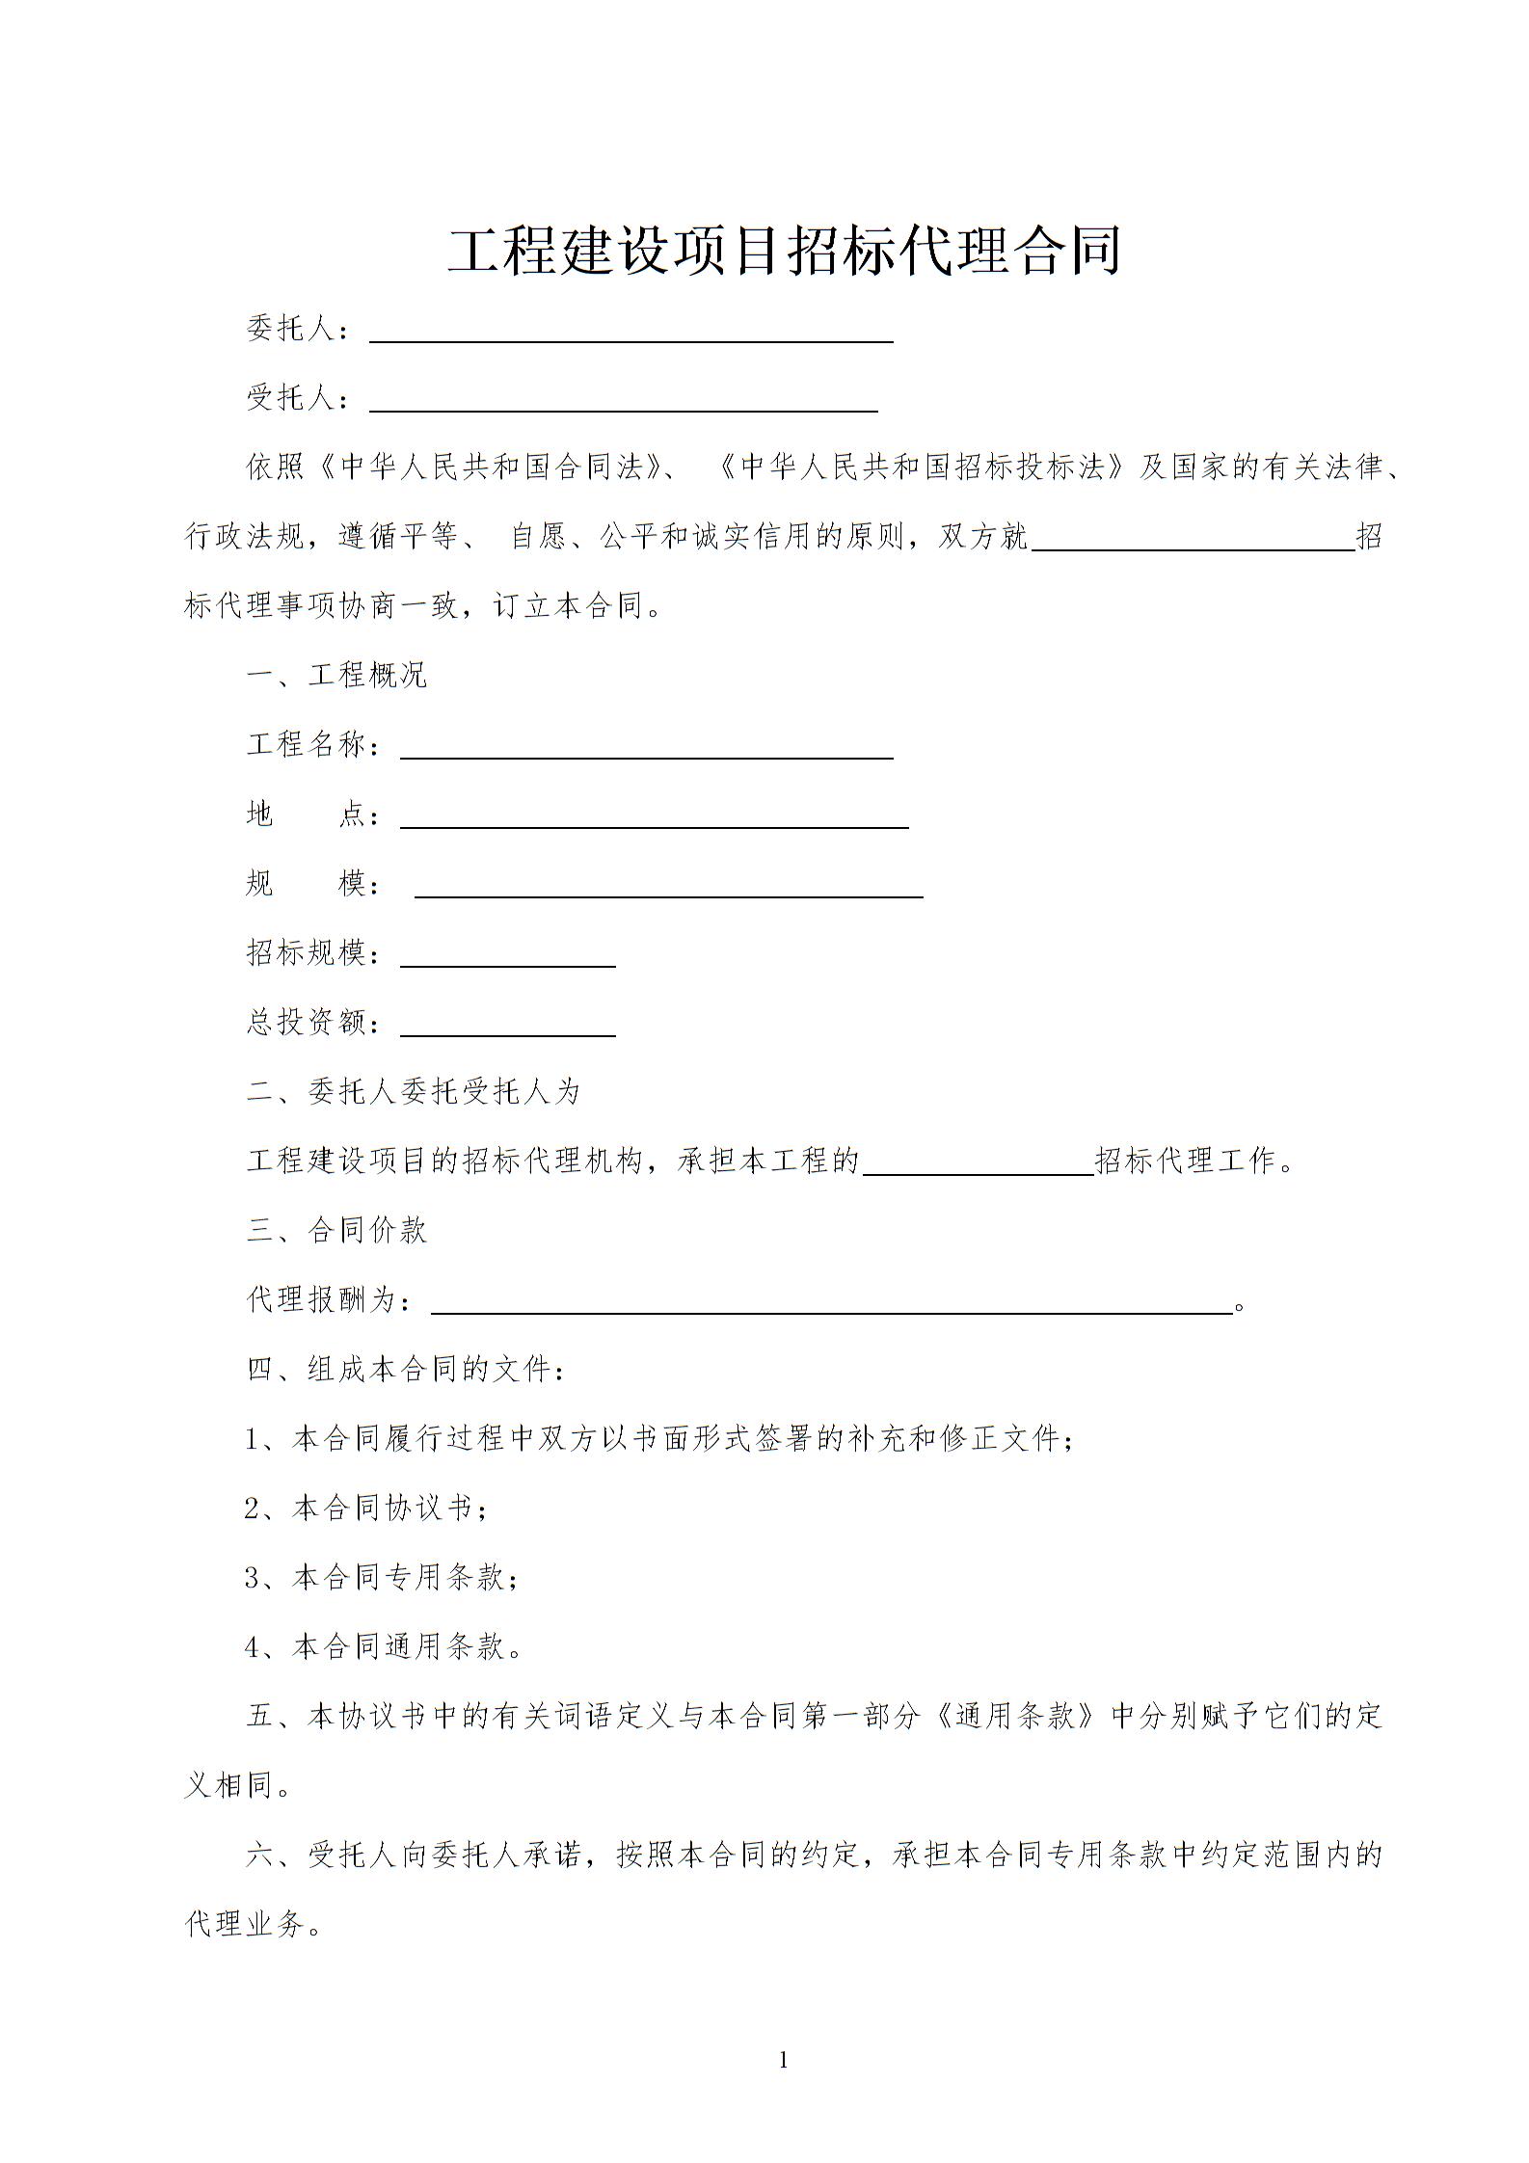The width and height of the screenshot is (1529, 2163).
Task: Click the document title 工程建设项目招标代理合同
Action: pos(784,251)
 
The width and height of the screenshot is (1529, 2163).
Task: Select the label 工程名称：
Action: pos(315,744)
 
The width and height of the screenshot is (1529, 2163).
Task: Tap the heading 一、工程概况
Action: pos(336,675)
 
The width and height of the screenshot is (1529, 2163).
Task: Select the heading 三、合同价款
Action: pos(336,1230)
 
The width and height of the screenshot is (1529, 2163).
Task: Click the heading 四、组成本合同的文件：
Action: pos(406,1369)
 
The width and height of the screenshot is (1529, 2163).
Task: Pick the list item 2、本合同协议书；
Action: pos(367,1508)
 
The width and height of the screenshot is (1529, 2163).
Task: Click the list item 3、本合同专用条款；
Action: pos(383,1577)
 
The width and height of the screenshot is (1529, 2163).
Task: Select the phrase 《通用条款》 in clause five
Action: pos(1015,1716)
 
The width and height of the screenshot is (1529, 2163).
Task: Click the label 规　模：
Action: pos(315,883)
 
